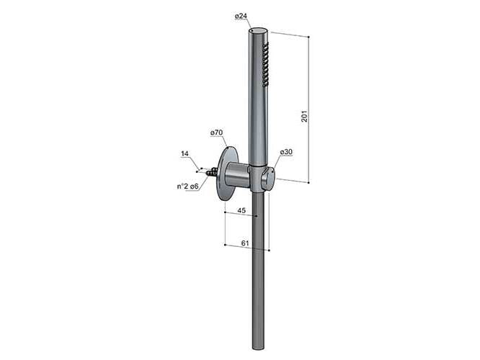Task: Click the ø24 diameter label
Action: [x=241, y=17]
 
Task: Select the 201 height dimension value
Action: [x=304, y=116]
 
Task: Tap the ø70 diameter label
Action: [x=216, y=132]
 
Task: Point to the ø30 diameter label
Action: [x=286, y=152]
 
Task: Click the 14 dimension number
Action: [x=185, y=153]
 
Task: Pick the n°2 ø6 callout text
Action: [x=187, y=186]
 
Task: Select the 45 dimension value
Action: [x=241, y=210]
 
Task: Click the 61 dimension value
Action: [x=245, y=243]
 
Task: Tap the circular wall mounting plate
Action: [x=226, y=174]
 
